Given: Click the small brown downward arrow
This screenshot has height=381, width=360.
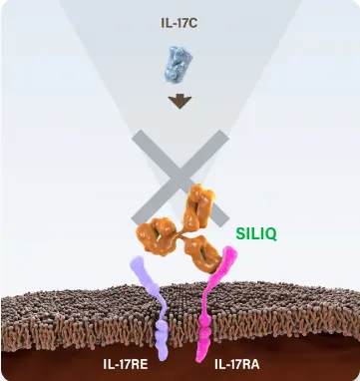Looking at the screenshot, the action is pos(180,101).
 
